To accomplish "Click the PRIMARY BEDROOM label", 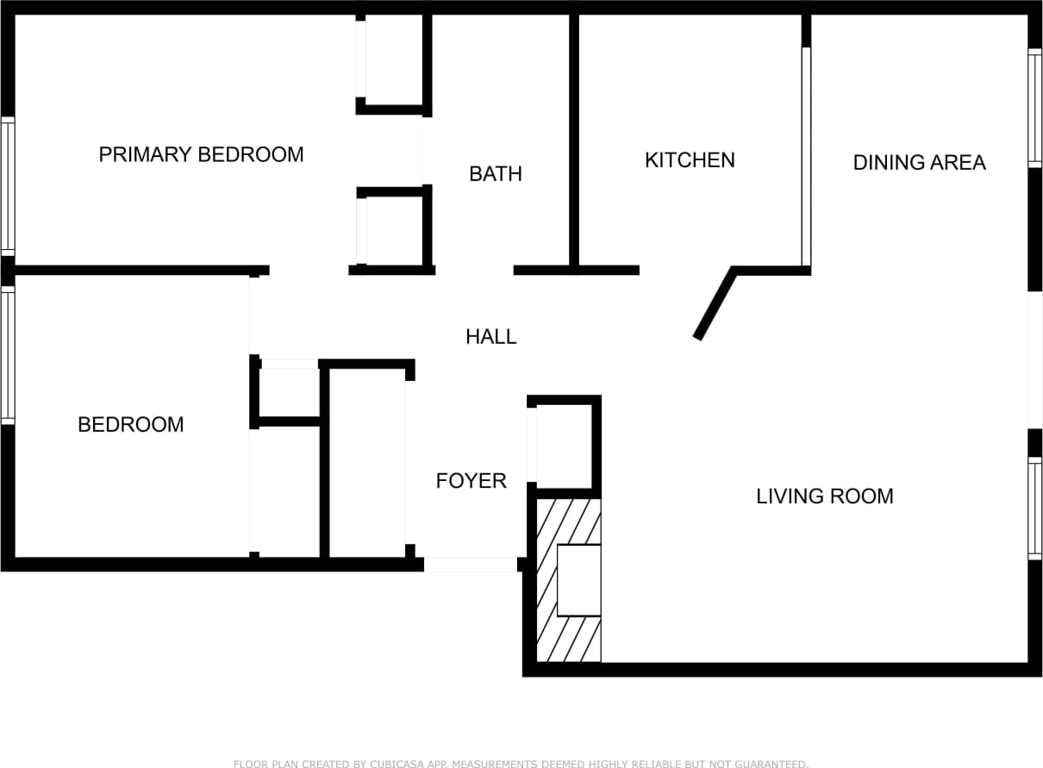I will (201, 154).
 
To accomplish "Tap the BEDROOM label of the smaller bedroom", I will (131, 424).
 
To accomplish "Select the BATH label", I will (496, 173).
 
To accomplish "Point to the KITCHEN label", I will (690, 159).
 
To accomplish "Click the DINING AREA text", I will (919, 162).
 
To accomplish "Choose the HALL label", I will (491, 336).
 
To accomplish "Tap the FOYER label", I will (471, 480).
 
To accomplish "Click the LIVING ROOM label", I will (825, 496).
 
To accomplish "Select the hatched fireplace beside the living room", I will (569, 581).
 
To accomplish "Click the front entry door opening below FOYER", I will (470, 565).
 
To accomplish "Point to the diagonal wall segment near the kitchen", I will (714, 304).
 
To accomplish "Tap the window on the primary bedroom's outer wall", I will (8, 185).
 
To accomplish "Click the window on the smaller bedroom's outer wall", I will (8, 355).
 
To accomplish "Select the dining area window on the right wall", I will (1034, 108).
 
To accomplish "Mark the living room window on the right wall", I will (1034, 509).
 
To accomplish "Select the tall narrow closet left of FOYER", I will (367, 462).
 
